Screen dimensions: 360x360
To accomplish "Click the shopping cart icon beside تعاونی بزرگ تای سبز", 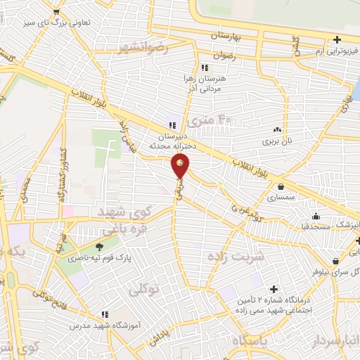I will pyautogui.click(x=56, y=12).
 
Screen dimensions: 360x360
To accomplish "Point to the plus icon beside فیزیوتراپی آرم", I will pyautogui.click(x=337, y=39).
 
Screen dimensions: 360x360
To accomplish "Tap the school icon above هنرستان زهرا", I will pyautogui.click(x=205, y=68).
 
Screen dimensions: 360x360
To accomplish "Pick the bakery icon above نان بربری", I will pyautogui.click(x=277, y=129).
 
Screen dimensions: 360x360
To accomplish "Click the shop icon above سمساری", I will pyautogui.click(x=281, y=187).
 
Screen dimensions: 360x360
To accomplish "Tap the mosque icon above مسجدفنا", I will pyautogui.click(x=316, y=217).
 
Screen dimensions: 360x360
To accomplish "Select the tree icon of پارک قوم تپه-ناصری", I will pyautogui.click(x=99, y=247).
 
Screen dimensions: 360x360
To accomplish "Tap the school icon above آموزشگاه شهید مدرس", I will pyautogui.click(x=105, y=314).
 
